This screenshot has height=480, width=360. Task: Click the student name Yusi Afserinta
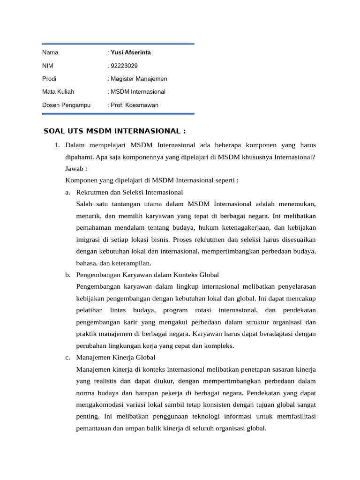[131, 52]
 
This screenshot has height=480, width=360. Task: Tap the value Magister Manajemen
[139, 79]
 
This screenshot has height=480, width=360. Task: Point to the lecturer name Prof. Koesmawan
[135, 105]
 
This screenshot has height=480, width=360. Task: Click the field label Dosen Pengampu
[66, 105]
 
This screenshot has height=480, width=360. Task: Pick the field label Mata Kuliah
[58, 92]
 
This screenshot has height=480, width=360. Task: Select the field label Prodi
[49, 79]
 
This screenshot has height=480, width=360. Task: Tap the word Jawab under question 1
[75, 169]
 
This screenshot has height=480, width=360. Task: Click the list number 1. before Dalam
[58, 145]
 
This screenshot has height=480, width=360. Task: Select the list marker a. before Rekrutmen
[68, 192]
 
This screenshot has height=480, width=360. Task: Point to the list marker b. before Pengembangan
[68, 275]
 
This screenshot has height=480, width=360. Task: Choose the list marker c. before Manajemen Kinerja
[68, 357]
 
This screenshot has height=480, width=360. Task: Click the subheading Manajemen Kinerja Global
[116, 357]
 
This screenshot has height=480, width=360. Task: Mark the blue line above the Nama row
[118, 44]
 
